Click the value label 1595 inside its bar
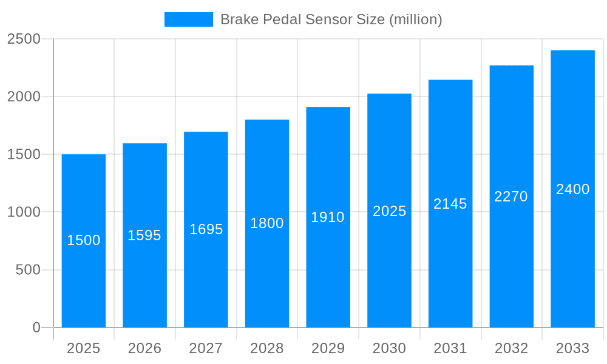tap(144, 235)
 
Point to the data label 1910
tap(328, 217)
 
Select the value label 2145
tap(450, 204)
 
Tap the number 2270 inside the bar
tap(511, 197)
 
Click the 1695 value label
tap(206, 229)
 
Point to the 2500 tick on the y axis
tap(24, 39)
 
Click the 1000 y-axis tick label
tap(24, 212)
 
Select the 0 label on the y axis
tap(36, 328)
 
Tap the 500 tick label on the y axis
tap(28, 269)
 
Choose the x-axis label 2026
tap(144, 348)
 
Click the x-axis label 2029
tap(328, 348)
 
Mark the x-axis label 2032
tap(511, 348)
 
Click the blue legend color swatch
tap(189, 19)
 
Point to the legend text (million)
tap(416, 19)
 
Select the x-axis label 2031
tap(450, 348)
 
